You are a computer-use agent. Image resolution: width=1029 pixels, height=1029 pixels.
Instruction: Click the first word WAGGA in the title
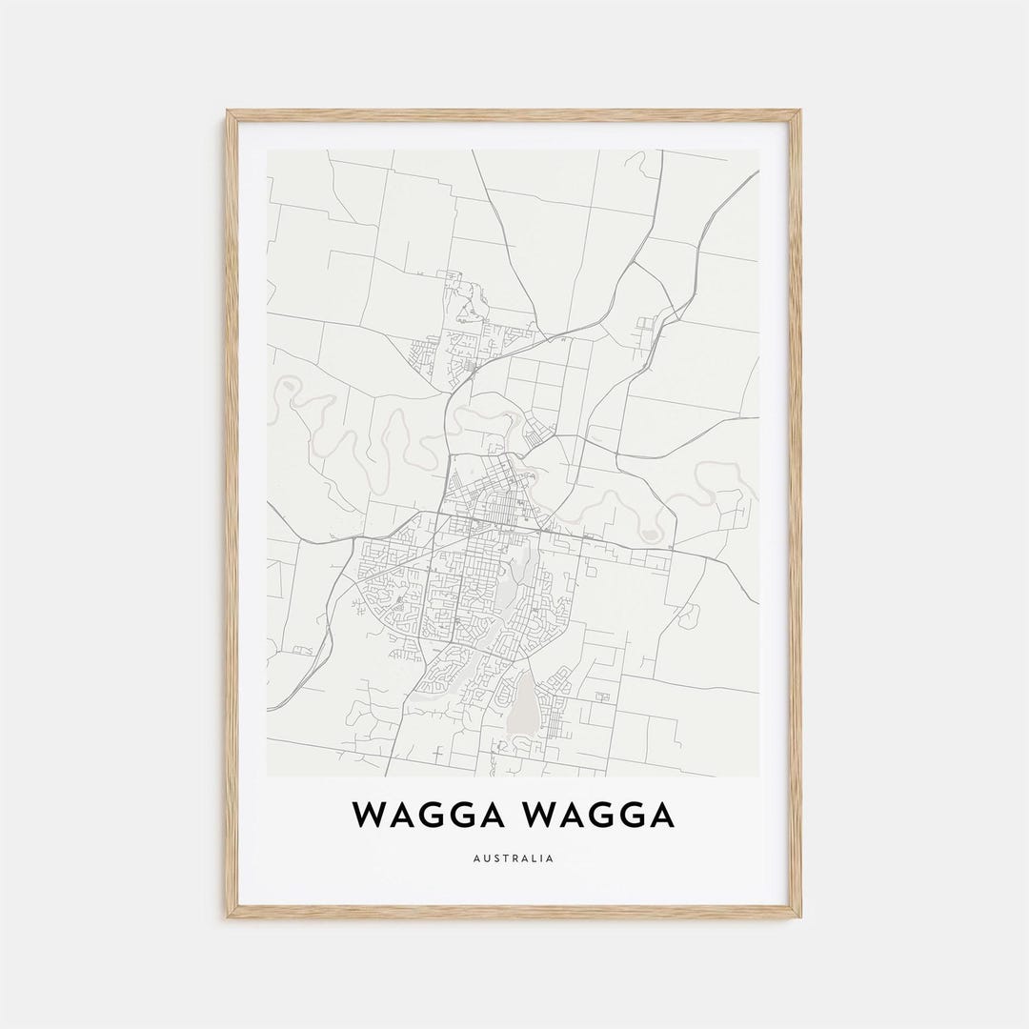429,816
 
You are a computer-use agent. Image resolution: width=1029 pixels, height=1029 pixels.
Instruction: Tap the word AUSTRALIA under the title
514,858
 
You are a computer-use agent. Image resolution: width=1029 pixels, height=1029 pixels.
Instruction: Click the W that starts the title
369,816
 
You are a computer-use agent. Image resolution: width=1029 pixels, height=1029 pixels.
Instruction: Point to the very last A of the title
660,816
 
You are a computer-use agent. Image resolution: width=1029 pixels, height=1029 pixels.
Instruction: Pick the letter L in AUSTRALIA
534,858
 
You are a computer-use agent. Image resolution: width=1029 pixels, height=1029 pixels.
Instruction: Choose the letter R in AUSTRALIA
514,858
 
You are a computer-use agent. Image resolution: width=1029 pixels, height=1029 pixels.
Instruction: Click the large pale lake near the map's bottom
520,705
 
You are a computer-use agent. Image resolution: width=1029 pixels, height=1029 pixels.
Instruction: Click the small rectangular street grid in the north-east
647,325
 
